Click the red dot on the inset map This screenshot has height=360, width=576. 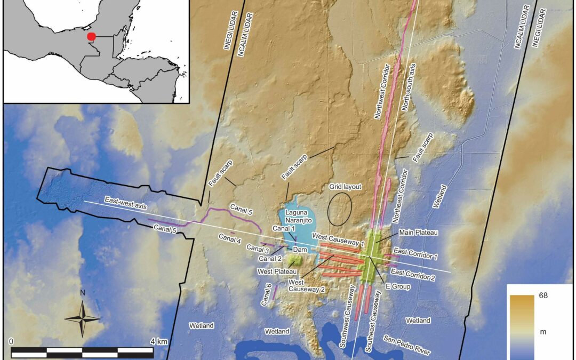(92, 37)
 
